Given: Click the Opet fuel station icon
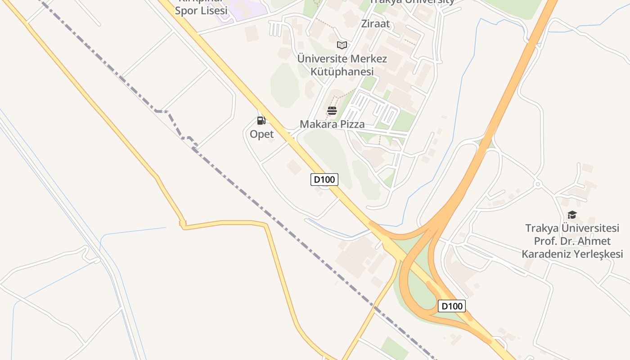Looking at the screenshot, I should pyautogui.click(x=261, y=120).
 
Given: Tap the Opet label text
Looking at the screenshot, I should pyautogui.click(x=261, y=134).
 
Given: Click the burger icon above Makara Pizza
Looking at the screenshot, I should pyautogui.click(x=332, y=111).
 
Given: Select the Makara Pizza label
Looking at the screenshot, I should pyautogui.click(x=332, y=124).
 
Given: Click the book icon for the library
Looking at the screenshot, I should pyautogui.click(x=342, y=45).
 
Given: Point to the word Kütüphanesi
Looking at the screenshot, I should pyautogui.click(x=342, y=72).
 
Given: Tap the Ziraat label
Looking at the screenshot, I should pyautogui.click(x=375, y=23).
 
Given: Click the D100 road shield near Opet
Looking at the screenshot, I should pyautogui.click(x=324, y=180).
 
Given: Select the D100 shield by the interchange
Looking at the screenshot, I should pyautogui.click(x=451, y=306).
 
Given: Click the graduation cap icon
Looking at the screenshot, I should pyautogui.click(x=572, y=215).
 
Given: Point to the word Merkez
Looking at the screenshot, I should pyautogui.click(x=368, y=58).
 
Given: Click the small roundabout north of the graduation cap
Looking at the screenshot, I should pyautogui.click(x=537, y=184).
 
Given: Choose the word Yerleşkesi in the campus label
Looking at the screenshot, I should pyautogui.click(x=597, y=254).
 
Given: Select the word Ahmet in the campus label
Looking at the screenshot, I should pyautogui.click(x=595, y=241).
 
